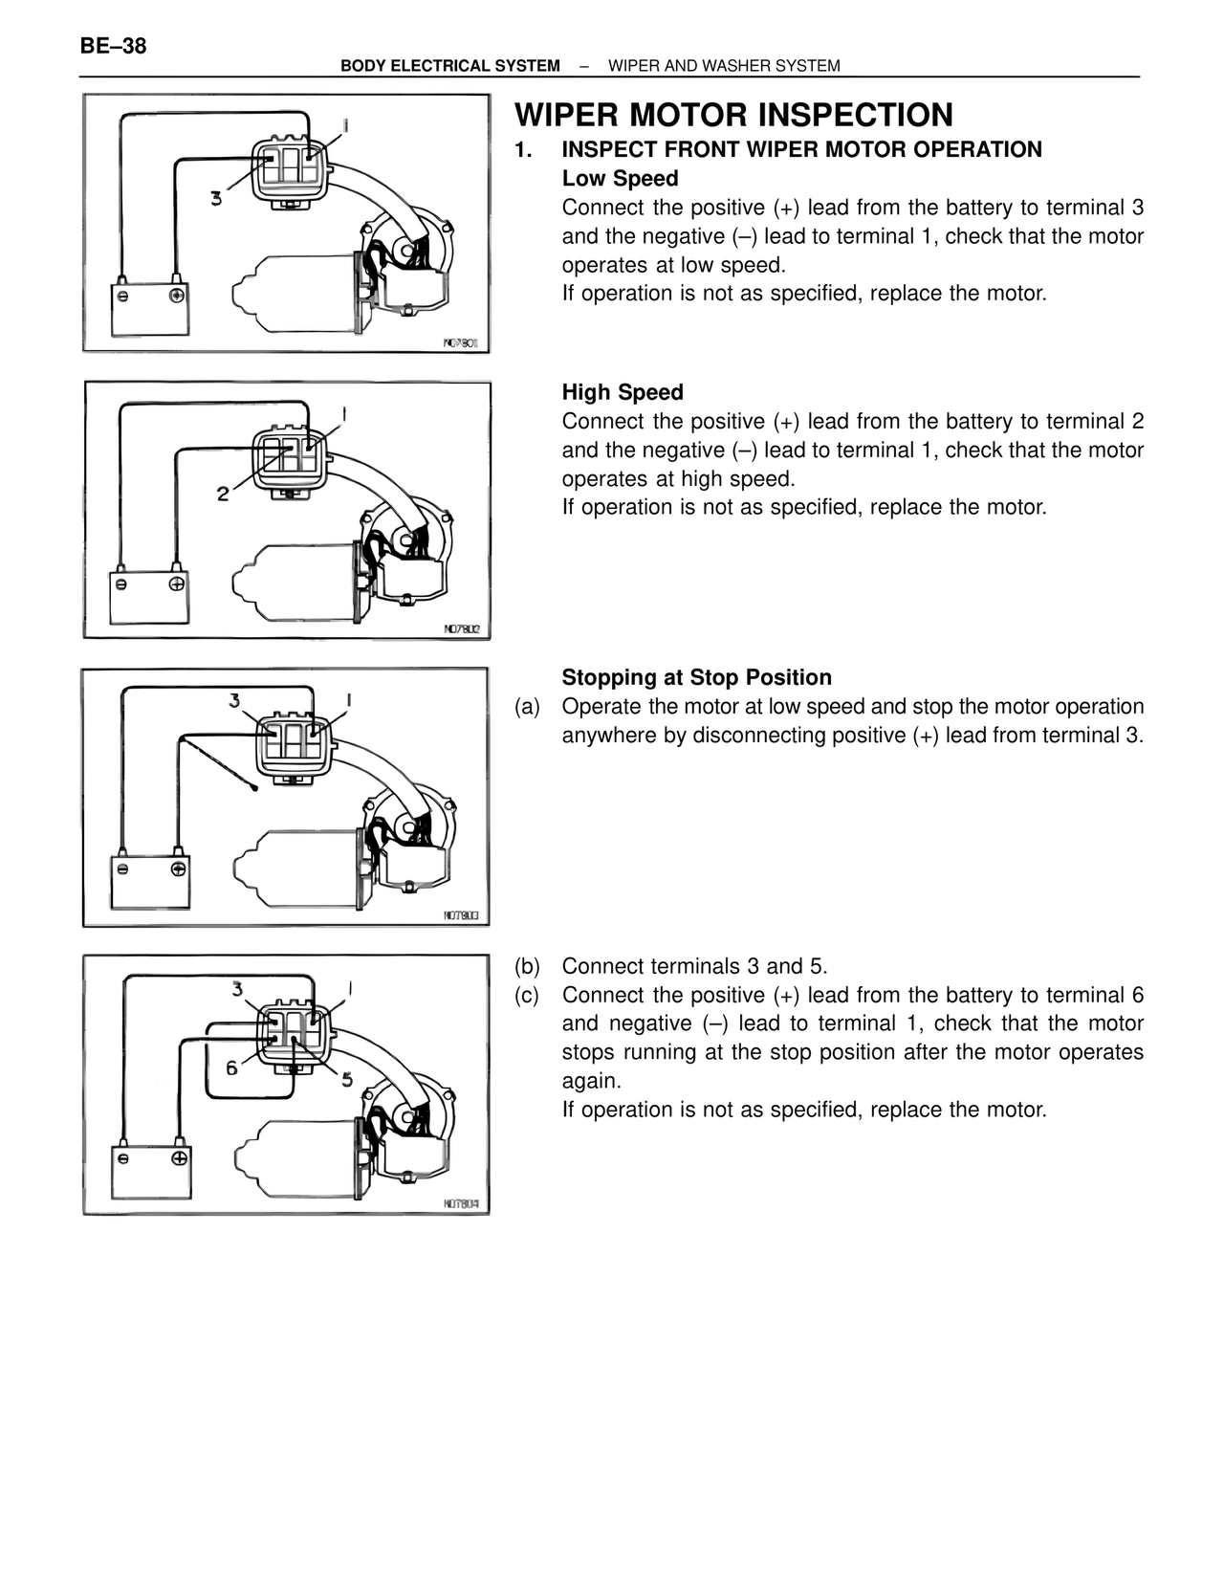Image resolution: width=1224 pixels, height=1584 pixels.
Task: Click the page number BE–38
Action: [x=113, y=45]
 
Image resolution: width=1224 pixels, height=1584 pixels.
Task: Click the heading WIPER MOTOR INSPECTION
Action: [x=733, y=115]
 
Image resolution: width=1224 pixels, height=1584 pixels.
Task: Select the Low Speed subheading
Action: [x=620, y=179]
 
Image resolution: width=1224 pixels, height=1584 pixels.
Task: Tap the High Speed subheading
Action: [x=623, y=392]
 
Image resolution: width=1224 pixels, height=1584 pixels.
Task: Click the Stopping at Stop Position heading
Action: [x=696, y=677]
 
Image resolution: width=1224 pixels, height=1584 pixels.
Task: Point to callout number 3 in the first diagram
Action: [x=216, y=199]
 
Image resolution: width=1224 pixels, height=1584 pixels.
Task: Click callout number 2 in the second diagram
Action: [x=223, y=495]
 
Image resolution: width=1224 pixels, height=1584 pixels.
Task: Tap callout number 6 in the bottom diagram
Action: [x=231, y=1067]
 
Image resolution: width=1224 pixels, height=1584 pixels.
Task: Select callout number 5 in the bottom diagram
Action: [x=346, y=1079]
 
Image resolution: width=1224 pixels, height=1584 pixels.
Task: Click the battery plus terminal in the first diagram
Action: [x=177, y=296]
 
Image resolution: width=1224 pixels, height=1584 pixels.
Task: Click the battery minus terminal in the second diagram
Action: [x=121, y=583]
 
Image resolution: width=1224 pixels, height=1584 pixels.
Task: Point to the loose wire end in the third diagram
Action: [x=253, y=789]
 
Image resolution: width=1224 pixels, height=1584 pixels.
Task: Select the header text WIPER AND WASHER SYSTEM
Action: [x=724, y=66]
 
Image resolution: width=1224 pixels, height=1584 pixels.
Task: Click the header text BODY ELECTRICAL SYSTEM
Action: [x=449, y=66]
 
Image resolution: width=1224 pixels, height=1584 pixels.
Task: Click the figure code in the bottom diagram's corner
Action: [x=461, y=1204]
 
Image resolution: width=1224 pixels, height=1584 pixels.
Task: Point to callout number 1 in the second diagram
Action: [x=344, y=414]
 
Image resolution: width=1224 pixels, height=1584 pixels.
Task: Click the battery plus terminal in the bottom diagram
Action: [x=179, y=1158]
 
